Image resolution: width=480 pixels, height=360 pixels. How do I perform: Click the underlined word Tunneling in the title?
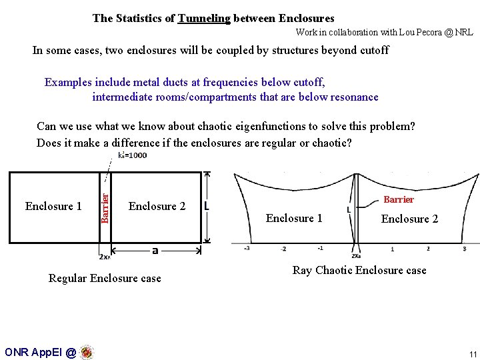point(203,19)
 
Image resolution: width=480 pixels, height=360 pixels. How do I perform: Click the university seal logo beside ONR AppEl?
point(86,352)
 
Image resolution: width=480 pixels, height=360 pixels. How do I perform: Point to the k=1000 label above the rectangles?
point(132,155)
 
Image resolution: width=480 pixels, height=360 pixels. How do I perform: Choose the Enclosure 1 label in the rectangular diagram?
point(53,206)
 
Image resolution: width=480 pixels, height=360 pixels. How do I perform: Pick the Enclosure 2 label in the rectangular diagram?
point(157,206)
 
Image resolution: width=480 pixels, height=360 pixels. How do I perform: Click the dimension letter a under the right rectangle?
point(155,251)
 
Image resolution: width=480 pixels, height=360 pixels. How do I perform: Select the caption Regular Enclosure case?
point(105,278)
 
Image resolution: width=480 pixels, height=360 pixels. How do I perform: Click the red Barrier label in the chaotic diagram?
point(399,199)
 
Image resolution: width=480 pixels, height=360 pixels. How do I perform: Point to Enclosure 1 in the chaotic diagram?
point(294,218)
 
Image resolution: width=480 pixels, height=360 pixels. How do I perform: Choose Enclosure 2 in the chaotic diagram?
point(409,219)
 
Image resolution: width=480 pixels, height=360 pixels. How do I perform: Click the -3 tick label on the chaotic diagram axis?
point(246,249)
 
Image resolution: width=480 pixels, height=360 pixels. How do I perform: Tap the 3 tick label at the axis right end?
point(464,249)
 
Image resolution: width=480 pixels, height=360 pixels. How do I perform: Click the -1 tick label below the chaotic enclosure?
point(320,249)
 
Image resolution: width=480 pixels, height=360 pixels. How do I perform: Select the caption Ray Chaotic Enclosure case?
point(359,270)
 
